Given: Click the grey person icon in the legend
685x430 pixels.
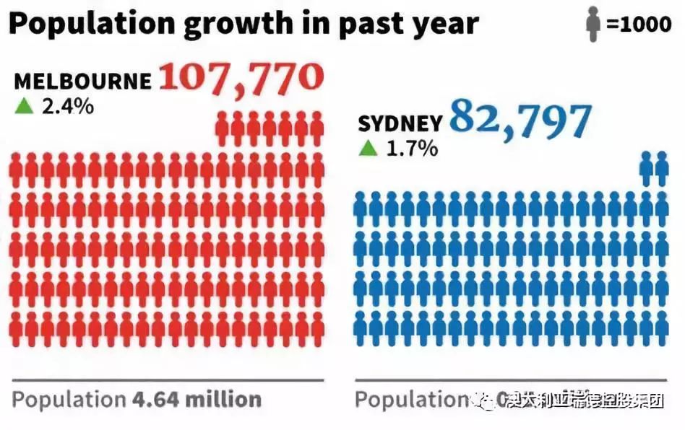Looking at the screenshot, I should (x=593, y=24).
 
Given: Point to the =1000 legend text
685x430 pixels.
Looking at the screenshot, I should (x=639, y=24).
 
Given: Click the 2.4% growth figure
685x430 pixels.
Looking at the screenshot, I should (x=66, y=106).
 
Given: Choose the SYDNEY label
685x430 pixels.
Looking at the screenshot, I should (x=400, y=124).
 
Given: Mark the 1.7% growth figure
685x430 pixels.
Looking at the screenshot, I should (x=411, y=149).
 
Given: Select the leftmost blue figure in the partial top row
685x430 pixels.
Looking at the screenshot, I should (x=647, y=167).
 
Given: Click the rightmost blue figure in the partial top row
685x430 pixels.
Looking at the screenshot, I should (x=662, y=167).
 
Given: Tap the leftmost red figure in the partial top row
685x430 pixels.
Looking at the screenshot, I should (x=223, y=128).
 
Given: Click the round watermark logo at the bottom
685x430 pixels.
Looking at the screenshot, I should (x=482, y=401).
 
